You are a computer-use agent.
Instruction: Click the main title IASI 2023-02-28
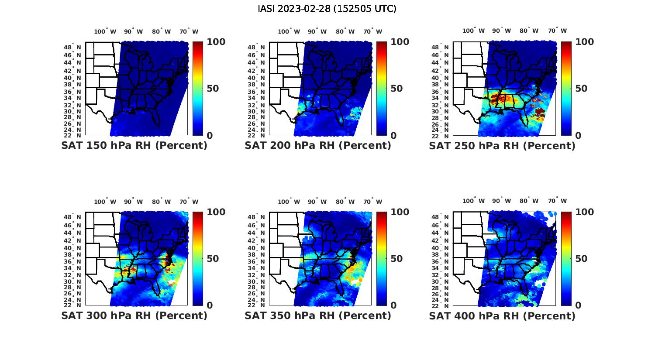point(327,9)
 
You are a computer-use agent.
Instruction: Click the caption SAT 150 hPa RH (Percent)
point(134,146)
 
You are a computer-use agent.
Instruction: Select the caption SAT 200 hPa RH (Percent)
point(318,146)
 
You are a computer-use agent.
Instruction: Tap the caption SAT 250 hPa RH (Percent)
point(502,146)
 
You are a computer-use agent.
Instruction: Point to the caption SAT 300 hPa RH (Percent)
point(134,315)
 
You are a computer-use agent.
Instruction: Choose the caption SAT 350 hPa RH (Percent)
point(318,315)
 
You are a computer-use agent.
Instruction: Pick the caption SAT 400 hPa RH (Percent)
point(502,315)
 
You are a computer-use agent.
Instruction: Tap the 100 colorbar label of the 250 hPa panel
point(585,42)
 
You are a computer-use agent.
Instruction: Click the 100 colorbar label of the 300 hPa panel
point(216,212)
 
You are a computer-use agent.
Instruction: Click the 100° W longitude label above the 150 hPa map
point(105,31)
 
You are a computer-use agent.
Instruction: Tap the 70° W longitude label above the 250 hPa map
point(558,31)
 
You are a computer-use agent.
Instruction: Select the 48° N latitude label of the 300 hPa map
point(73,217)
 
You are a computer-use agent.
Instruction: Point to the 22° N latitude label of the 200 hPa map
point(257,135)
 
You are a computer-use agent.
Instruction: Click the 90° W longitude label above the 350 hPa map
point(317,202)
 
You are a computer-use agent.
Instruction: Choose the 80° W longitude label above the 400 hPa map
point(529,201)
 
